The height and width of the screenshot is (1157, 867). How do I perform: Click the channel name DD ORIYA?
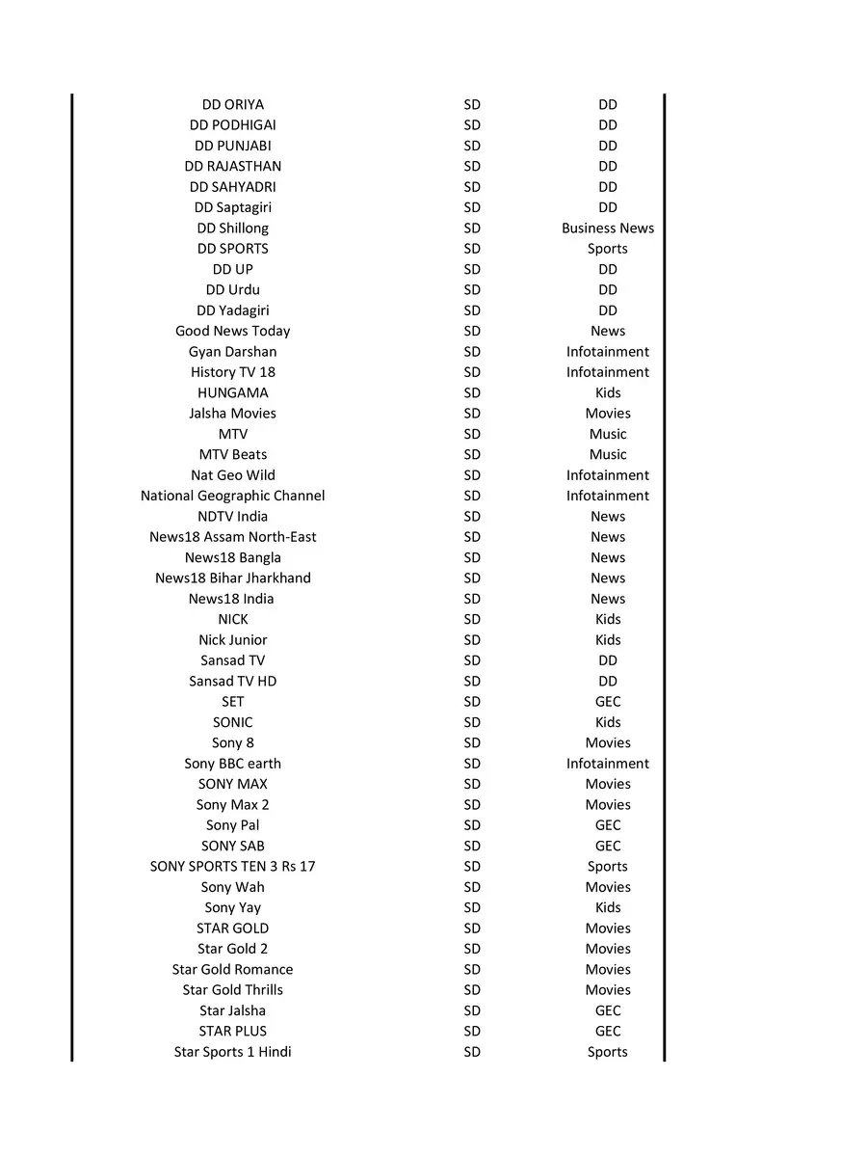pyautogui.click(x=232, y=104)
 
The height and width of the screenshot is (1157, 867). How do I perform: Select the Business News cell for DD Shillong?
pyautogui.click(x=607, y=229)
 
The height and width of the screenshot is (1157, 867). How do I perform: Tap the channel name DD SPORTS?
pyautogui.click(x=232, y=249)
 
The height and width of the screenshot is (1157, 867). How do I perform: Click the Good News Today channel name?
pyautogui.click(x=232, y=331)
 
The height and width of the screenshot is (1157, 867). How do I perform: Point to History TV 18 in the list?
pyautogui.click(x=232, y=372)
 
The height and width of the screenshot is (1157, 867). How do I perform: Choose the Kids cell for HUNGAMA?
pyautogui.click(x=607, y=392)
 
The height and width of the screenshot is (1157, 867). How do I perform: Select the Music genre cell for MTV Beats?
pyautogui.click(x=607, y=454)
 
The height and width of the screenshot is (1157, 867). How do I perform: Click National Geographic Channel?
pyautogui.click(x=232, y=496)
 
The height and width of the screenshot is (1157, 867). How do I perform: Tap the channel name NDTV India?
pyautogui.click(x=232, y=516)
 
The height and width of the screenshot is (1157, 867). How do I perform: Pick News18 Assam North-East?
pyautogui.click(x=232, y=537)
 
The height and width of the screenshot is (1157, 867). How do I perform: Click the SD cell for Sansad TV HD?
pyautogui.click(x=471, y=681)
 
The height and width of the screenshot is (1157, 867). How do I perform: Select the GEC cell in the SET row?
pyautogui.click(x=607, y=702)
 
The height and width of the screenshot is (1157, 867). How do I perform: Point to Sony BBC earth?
pyautogui.click(x=232, y=764)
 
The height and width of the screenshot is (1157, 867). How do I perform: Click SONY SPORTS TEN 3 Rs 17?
pyautogui.click(x=232, y=866)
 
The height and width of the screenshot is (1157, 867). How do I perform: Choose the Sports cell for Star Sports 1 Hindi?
pyautogui.click(x=607, y=1052)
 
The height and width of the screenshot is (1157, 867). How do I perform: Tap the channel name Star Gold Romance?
pyautogui.click(x=232, y=969)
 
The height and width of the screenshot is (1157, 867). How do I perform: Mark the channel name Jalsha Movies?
pyautogui.click(x=232, y=414)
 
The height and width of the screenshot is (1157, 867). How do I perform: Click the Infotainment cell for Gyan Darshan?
pyautogui.click(x=607, y=352)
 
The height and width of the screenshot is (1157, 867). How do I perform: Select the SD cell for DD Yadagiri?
pyautogui.click(x=471, y=310)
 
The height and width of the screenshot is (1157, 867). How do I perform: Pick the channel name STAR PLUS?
pyautogui.click(x=232, y=1031)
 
